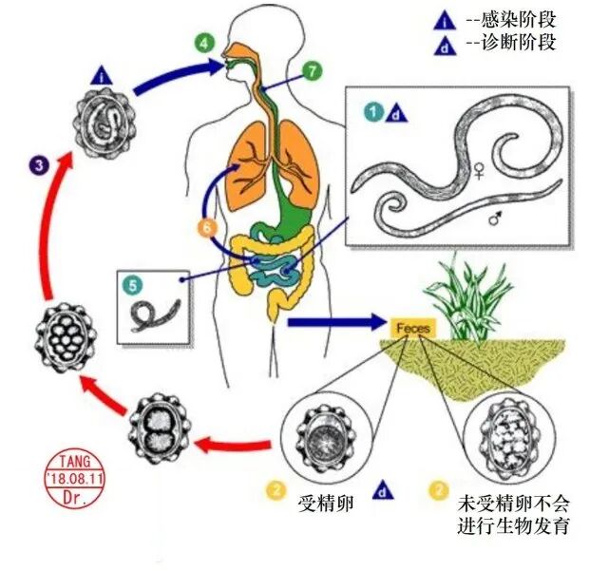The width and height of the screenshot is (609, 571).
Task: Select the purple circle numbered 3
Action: click(x=37, y=166)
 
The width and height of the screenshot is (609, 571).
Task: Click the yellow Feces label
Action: click(x=413, y=328)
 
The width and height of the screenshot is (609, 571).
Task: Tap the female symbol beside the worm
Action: click(x=479, y=172)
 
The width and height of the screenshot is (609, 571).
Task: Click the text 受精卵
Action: click(x=325, y=503)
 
